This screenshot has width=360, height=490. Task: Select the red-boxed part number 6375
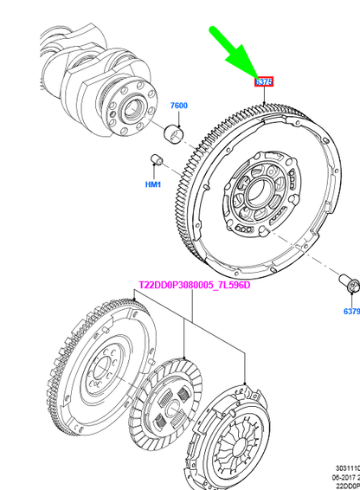[x=264, y=81]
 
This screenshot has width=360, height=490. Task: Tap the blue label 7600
[x=178, y=106]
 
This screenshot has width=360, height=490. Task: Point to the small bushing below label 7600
[x=176, y=132]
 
